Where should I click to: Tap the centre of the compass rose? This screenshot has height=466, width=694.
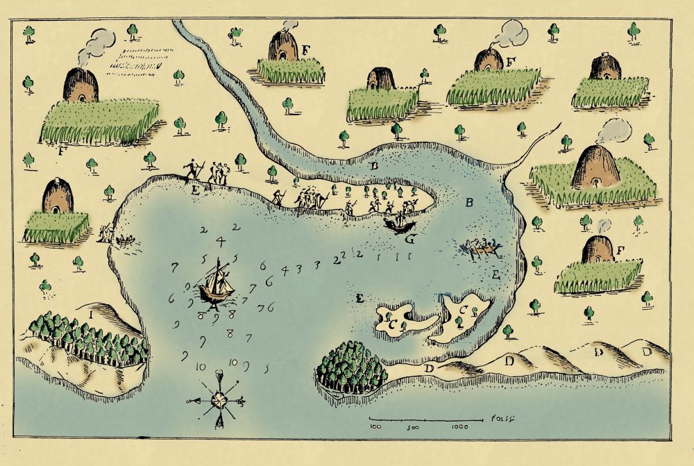click(x=218, y=401)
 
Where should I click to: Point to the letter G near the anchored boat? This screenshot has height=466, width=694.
click(x=409, y=240)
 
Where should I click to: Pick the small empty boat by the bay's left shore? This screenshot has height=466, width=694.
click(x=126, y=242)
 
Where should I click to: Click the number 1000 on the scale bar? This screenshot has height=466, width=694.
click(x=459, y=426)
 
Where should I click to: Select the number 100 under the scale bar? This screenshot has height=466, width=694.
click(x=376, y=426)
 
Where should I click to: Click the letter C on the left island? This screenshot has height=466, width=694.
click(x=392, y=324)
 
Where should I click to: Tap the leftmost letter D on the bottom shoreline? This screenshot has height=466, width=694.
click(x=430, y=367)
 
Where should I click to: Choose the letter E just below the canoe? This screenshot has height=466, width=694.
click(x=495, y=275)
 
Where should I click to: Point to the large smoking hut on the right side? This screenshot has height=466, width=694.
click(x=595, y=168)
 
